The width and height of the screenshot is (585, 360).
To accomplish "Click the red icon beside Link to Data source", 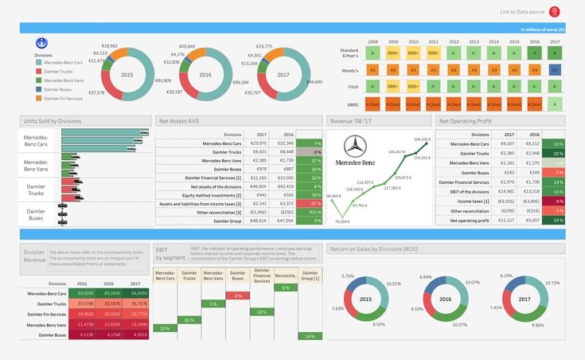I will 554,12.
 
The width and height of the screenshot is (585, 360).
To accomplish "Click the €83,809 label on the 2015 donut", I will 162,80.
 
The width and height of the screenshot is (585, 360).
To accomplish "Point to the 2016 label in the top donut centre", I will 205,74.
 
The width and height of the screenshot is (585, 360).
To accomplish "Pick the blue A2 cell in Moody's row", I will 555,69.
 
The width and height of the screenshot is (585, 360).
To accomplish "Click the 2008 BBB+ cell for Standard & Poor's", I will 372,53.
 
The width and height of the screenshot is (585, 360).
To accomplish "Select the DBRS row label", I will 353,104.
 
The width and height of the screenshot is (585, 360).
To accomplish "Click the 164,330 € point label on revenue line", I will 422,139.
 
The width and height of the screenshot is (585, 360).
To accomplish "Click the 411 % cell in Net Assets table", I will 314,213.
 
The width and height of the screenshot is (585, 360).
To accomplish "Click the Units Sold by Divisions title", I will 53,121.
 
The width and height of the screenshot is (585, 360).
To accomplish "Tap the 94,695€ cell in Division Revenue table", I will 139,294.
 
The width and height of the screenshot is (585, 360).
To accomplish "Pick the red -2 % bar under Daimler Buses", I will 236,295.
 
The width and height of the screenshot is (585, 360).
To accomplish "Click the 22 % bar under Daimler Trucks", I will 188,319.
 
